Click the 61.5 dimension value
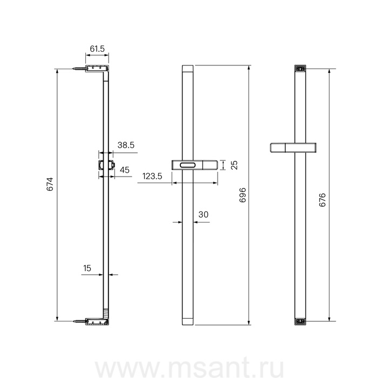(x=97, y=49)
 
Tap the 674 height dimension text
(x=50, y=184)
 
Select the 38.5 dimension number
(x=126, y=145)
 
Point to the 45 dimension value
(x=125, y=170)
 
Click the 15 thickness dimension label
(x=87, y=268)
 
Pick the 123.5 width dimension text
(x=152, y=176)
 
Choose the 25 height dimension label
(x=234, y=165)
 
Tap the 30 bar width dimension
(x=203, y=214)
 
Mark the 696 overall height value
(x=242, y=195)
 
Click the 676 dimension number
(x=322, y=200)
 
